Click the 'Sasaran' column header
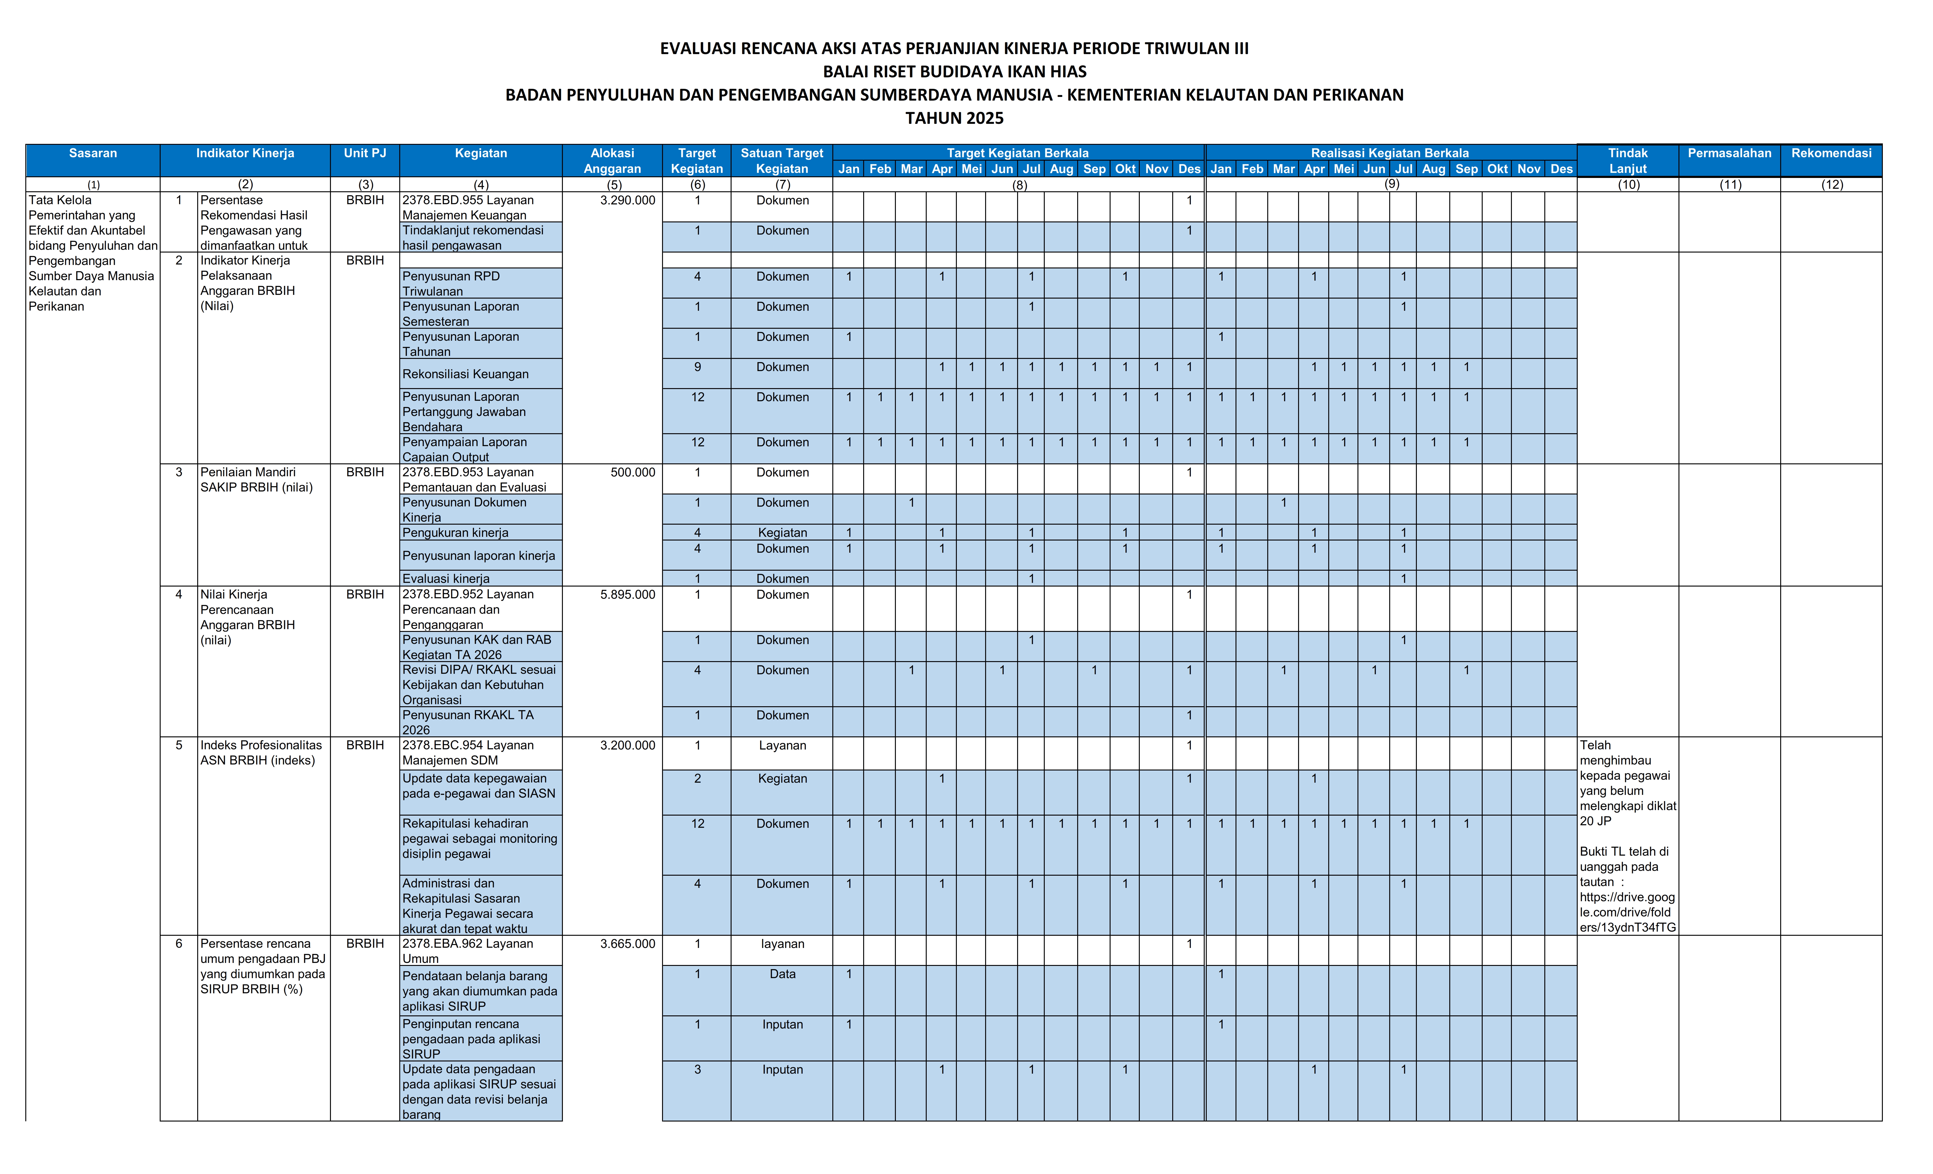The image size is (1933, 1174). coord(93,153)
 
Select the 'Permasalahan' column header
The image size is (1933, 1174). coord(1729,153)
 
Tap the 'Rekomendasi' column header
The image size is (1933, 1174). coord(1831,153)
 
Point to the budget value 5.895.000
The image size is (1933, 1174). coord(628,595)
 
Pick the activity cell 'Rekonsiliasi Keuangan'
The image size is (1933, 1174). coord(465,374)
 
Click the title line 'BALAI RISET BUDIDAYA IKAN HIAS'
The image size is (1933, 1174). coord(954,71)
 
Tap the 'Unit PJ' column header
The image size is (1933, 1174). coord(365,153)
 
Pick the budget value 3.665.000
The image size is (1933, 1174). coord(628,944)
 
